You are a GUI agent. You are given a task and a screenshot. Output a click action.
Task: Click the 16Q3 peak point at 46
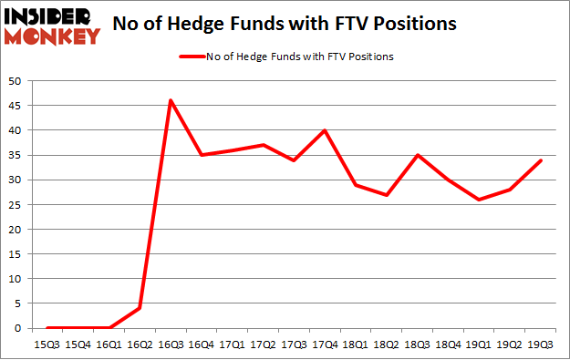click(x=171, y=100)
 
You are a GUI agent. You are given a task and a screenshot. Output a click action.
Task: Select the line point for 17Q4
click(x=325, y=130)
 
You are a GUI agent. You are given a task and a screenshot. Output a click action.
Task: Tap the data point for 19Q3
click(x=540, y=160)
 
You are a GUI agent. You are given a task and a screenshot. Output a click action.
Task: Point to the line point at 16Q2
click(x=140, y=308)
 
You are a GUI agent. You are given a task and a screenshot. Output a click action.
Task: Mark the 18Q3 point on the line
click(x=417, y=155)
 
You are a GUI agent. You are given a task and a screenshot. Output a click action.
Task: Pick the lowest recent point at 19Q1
click(x=479, y=200)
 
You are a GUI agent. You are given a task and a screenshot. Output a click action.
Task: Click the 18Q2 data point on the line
click(x=386, y=195)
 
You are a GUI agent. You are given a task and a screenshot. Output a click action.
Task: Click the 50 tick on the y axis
click(x=16, y=81)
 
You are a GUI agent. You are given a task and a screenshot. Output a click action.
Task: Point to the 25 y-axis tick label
click(x=16, y=204)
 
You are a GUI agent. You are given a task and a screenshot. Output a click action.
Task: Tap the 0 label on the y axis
click(x=18, y=328)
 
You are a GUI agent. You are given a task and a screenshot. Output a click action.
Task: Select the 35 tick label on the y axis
click(x=16, y=155)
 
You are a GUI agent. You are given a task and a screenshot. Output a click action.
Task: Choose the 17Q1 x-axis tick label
click(x=232, y=345)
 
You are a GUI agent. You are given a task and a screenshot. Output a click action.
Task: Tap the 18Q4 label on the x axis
click(x=448, y=345)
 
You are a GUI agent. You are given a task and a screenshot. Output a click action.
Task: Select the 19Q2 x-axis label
click(x=509, y=345)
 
